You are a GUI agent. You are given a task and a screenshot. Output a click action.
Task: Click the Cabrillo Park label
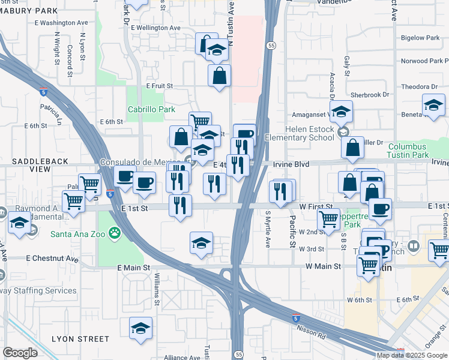(x=151, y=109)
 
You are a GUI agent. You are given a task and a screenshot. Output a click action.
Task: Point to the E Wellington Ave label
(x=151, y=28)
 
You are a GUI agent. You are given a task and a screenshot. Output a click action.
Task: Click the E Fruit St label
(x=160, y=86)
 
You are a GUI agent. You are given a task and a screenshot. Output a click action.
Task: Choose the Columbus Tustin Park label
(x=416, y=151)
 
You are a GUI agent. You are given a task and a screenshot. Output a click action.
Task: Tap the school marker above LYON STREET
(x=140, y=329)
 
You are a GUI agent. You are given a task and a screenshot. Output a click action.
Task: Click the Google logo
(x=20, y=352)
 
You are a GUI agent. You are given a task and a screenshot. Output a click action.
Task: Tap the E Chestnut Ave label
(x=52, y=259)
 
